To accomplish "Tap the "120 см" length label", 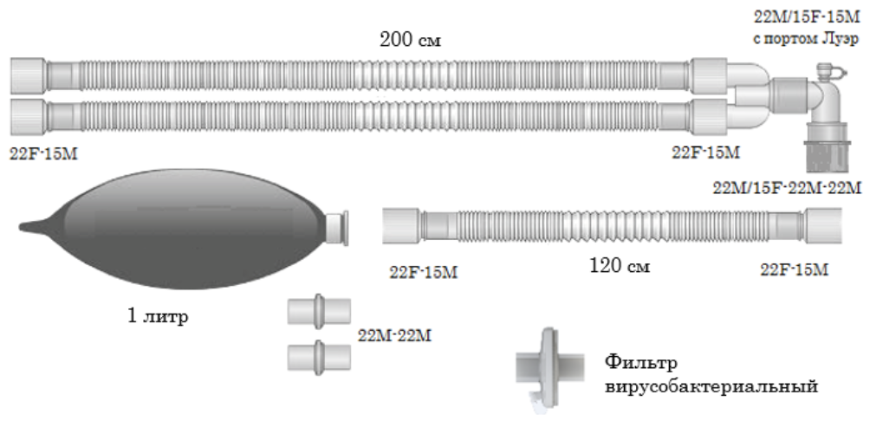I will pyautogui.click(x=616, y=265).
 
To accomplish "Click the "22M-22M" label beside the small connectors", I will pyautogui.click(x=394, y=334).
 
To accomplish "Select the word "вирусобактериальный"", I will pyautogui.click(x=711, y=385).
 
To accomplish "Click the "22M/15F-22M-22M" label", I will pyautogui.click(x=787, y=187).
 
